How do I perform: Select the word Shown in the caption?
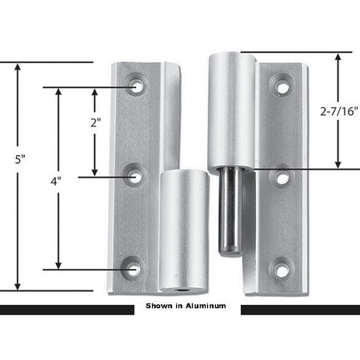(158, 306)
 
